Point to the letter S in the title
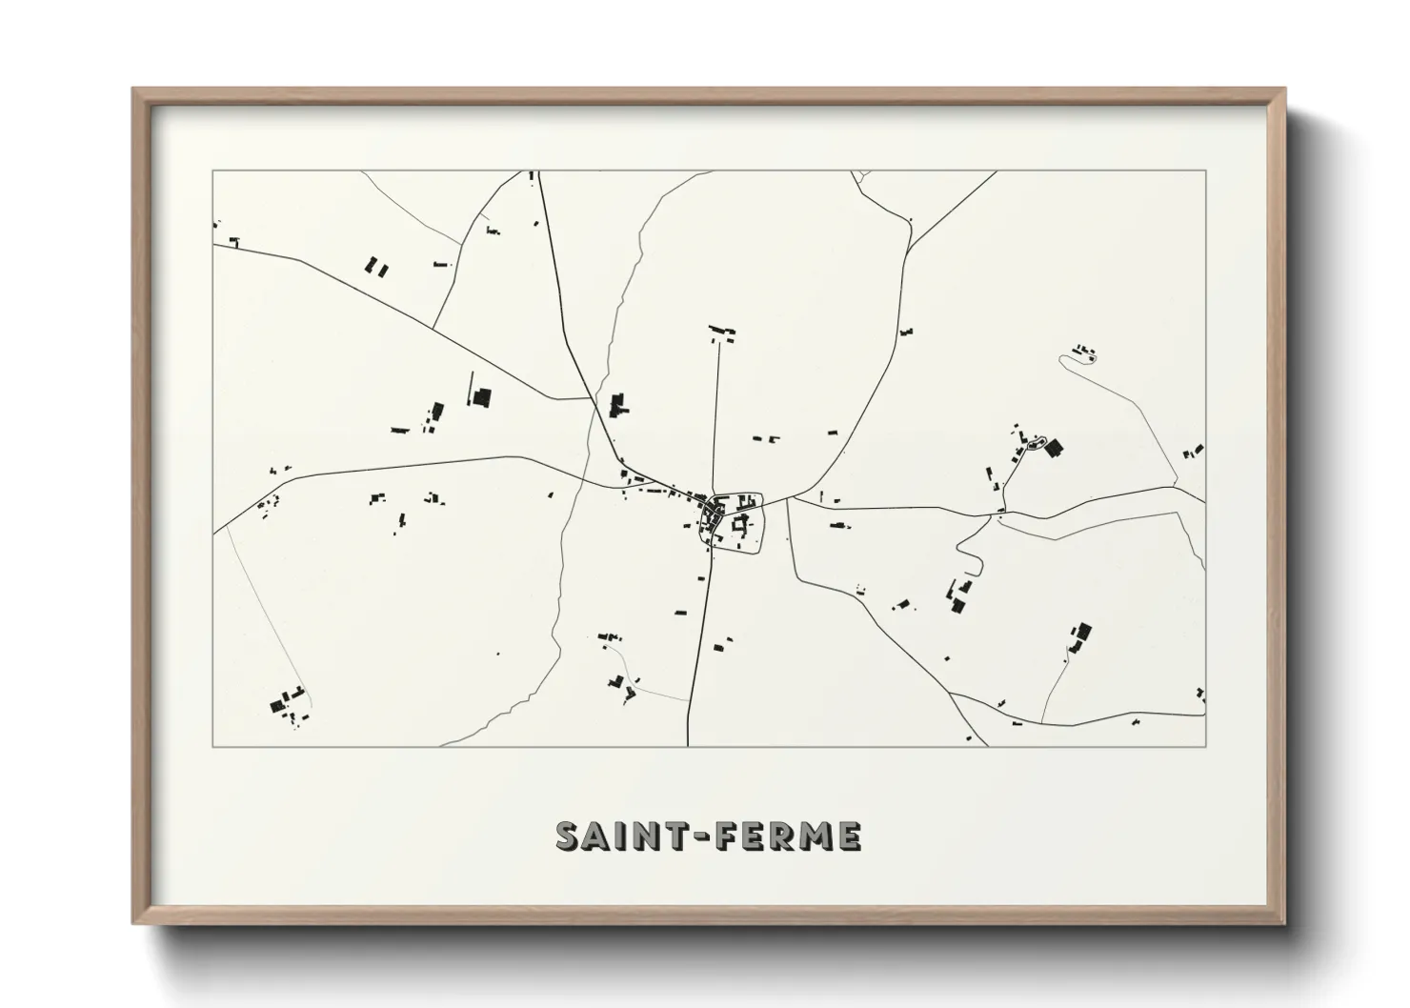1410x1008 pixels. [x=568, y=837]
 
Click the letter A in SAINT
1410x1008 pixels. [x=598, y=837]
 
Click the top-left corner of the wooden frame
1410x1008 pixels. [x=134, y=90]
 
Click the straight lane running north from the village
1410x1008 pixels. [x=716, y=419]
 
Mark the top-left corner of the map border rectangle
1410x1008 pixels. [x=212, y=171]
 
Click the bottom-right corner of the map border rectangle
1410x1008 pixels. [x=1205, y=745]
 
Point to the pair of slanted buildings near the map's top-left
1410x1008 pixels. [x=377, y=267]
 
